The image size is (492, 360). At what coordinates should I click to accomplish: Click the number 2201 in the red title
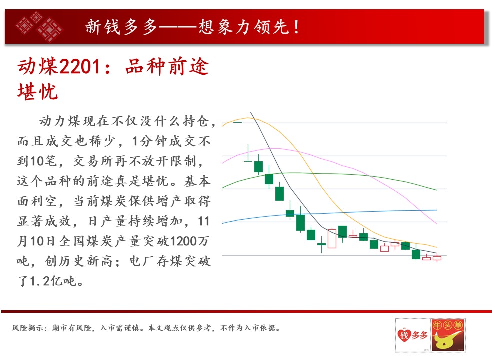[x=80, y=66]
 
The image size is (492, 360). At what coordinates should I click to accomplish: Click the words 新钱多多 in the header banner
[x=121, y=26]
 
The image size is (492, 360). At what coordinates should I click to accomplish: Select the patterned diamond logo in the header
[x=39, y=26]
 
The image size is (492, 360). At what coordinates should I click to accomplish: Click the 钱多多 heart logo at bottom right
[x=412, y=335]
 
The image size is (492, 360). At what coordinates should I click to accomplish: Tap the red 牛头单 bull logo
[x=448, y=335]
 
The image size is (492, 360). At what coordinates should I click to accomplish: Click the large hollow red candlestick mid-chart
[x=332, y=238]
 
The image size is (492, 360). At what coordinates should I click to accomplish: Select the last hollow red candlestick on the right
[x=437, y=258]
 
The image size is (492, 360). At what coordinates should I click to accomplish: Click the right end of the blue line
[x=437, y=210]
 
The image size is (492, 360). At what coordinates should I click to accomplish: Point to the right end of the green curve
[x=436, y=190]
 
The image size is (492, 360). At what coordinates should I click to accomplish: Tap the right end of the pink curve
[x=436, y=223]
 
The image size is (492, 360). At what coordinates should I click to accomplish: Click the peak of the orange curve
[x=249, y=118]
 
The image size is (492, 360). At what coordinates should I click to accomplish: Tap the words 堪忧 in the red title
[x=38, y=92]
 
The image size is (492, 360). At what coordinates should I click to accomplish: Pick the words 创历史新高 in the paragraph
[x=78, y=261]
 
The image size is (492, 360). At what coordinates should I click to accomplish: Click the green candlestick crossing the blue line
[x=290, y=213]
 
